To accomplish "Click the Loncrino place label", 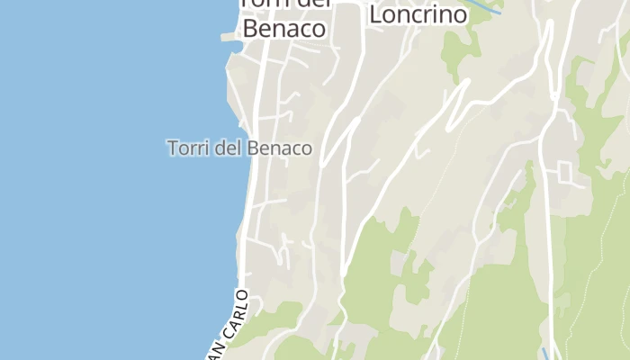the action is point(418,15).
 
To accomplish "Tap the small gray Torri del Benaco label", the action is point(239,148).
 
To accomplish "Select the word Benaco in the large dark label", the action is point(283,29).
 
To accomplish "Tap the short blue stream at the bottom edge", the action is point(544,353).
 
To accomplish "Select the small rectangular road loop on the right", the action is point(566,171).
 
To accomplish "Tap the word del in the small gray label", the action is point(228,148).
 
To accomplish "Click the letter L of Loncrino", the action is point(377,15).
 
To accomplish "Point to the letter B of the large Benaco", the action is point(251,29).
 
